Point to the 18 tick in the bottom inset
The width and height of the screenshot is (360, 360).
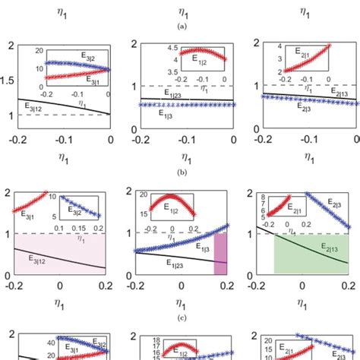point(147,341)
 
